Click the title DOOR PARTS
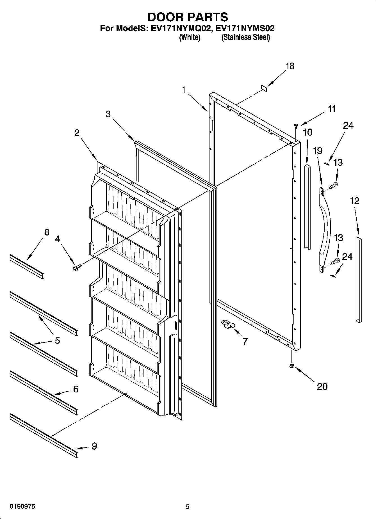188,17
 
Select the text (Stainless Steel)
245,37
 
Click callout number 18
290,66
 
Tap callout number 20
322,387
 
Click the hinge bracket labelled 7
229,324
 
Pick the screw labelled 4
76,268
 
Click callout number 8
47,232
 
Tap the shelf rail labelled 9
44,436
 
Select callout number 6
76,389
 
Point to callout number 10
308,132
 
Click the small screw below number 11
296,126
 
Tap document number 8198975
19,507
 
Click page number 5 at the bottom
188,507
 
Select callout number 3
108,114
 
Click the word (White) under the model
190,37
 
